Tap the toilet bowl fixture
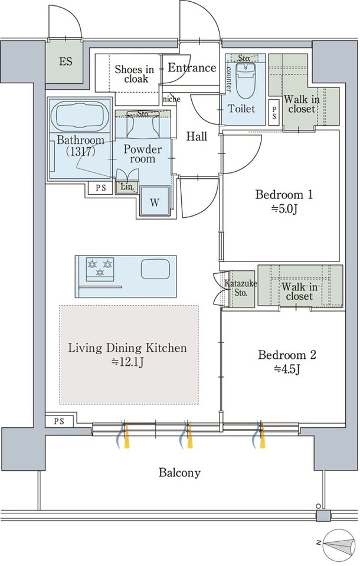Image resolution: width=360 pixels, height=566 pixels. pos(246,81)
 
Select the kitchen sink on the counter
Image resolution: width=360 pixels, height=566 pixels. pos(155,270)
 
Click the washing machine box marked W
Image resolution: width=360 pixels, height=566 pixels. pos(155,201)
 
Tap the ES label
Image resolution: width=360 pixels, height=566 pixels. pos(66,61)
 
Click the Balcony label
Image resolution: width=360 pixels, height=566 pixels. pos(179,473)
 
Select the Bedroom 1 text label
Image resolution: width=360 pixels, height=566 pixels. pos(284,195)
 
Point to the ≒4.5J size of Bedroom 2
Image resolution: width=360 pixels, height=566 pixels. pos(287,369)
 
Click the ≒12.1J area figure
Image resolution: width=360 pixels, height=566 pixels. pos(127,362)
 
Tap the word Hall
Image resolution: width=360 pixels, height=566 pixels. pos(197,136)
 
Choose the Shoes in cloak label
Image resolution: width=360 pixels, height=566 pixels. pos(135,74)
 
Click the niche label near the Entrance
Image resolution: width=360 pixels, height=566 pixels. pos(172,99)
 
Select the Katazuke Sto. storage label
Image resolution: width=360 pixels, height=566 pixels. pos(240,288)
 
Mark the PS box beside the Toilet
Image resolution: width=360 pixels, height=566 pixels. pos(274,112)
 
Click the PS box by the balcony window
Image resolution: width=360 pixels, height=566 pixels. pos(60,421)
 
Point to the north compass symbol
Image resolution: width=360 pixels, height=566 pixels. pos(337,543)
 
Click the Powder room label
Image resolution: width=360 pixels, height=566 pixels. pos(143,154)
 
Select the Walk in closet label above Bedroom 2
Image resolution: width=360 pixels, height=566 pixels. pos(300,292)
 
